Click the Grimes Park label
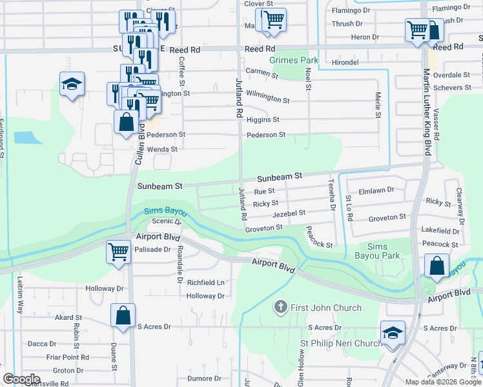(299, 61)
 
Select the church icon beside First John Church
(280, 307)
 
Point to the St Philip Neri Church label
(342, 343)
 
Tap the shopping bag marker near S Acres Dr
(123, 316)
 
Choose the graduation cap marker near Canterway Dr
(393, 333)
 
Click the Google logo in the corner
(21, 379)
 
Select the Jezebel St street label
(288, 213)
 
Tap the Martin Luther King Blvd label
(427, 112)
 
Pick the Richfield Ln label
(205, 283)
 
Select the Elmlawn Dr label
(380, 190)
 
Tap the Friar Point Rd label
(67, 357)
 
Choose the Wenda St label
(162, 149)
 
